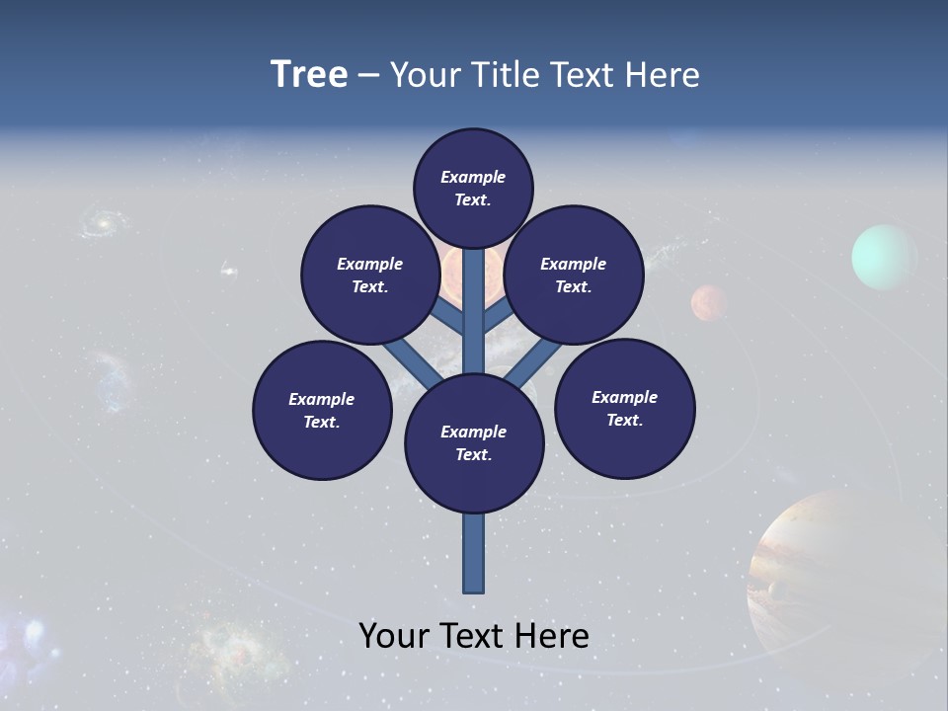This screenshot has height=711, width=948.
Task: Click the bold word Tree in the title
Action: tap(309, 74)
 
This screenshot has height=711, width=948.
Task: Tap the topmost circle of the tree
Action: tap(473, 188)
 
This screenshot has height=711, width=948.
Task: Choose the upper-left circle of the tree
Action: tap(370, 275)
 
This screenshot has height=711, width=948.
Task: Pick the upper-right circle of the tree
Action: tap(574, 275)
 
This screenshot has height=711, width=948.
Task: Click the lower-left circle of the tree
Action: tap(322, 410)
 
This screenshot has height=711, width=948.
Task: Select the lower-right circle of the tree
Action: tap(625, 408)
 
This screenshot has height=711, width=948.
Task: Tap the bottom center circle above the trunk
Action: tap(474, 443)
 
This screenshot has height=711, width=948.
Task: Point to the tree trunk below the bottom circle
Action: tap(474, 553)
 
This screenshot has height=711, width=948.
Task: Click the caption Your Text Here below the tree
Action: tap(474, 635)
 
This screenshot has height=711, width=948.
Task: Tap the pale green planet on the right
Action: tap(884, 258)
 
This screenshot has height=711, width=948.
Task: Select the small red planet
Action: tap(709, 302)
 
